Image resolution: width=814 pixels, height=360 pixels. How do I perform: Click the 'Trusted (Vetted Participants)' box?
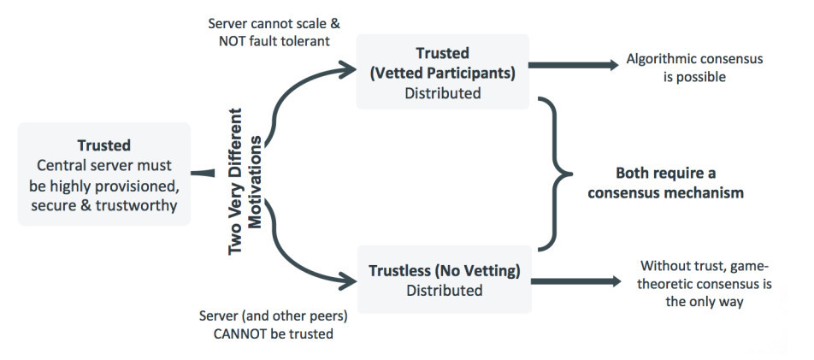[442, 73]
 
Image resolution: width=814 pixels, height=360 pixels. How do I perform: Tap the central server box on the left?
[103, 174]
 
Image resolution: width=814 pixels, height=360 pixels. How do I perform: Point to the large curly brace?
[556, 174]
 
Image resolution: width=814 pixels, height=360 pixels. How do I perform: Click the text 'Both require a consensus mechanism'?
[667, 184]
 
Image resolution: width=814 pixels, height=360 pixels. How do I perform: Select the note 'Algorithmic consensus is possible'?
[694, 68]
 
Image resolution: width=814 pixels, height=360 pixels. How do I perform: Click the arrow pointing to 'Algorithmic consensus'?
[573, 64]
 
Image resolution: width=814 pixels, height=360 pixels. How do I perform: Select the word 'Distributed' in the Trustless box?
[444, 291]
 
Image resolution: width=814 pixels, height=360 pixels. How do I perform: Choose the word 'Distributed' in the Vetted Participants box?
[442, 92]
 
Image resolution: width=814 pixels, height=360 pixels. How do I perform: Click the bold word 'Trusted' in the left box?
[103, 145]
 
